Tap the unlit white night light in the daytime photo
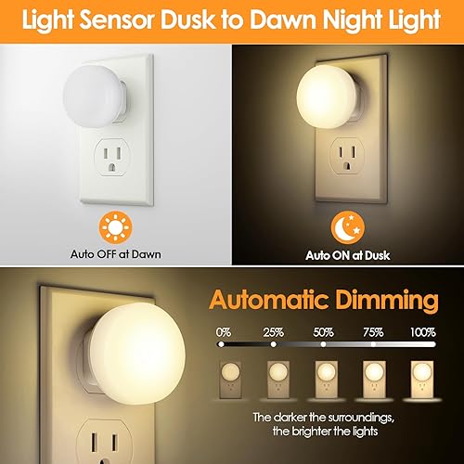[x=94, y=93]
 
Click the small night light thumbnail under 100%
[x=422, y=379]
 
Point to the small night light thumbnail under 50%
[x=324, y=379]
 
